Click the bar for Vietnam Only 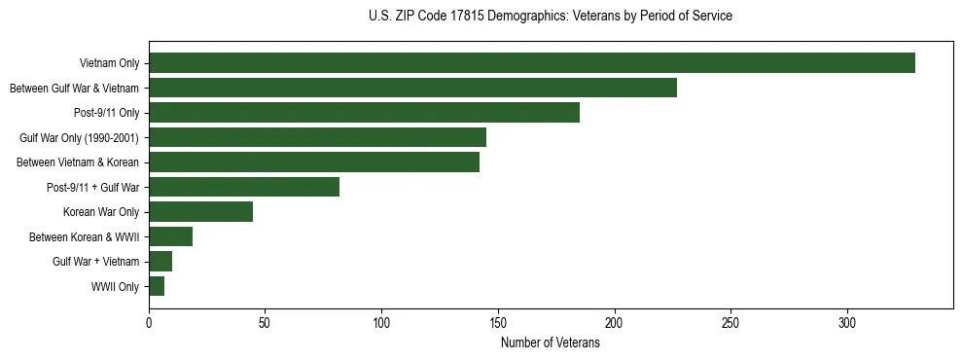point(531,63)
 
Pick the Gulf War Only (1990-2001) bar point(317,137)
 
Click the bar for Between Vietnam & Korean point(313,162)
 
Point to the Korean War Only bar point(200,212)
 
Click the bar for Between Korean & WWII point(170,236)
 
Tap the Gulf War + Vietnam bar point(160,262)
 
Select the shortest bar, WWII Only point(157,286)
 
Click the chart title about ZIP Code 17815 point(551,17)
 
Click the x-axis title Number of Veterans point(550,343)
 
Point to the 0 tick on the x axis point(149,323)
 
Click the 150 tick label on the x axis point(498,323)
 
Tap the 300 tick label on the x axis point(847,323)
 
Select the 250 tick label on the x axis point(730,323)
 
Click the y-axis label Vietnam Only point(110,64)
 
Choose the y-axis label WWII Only point(115,287)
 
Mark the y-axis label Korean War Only point(101,212)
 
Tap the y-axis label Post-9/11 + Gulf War point(93,188)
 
